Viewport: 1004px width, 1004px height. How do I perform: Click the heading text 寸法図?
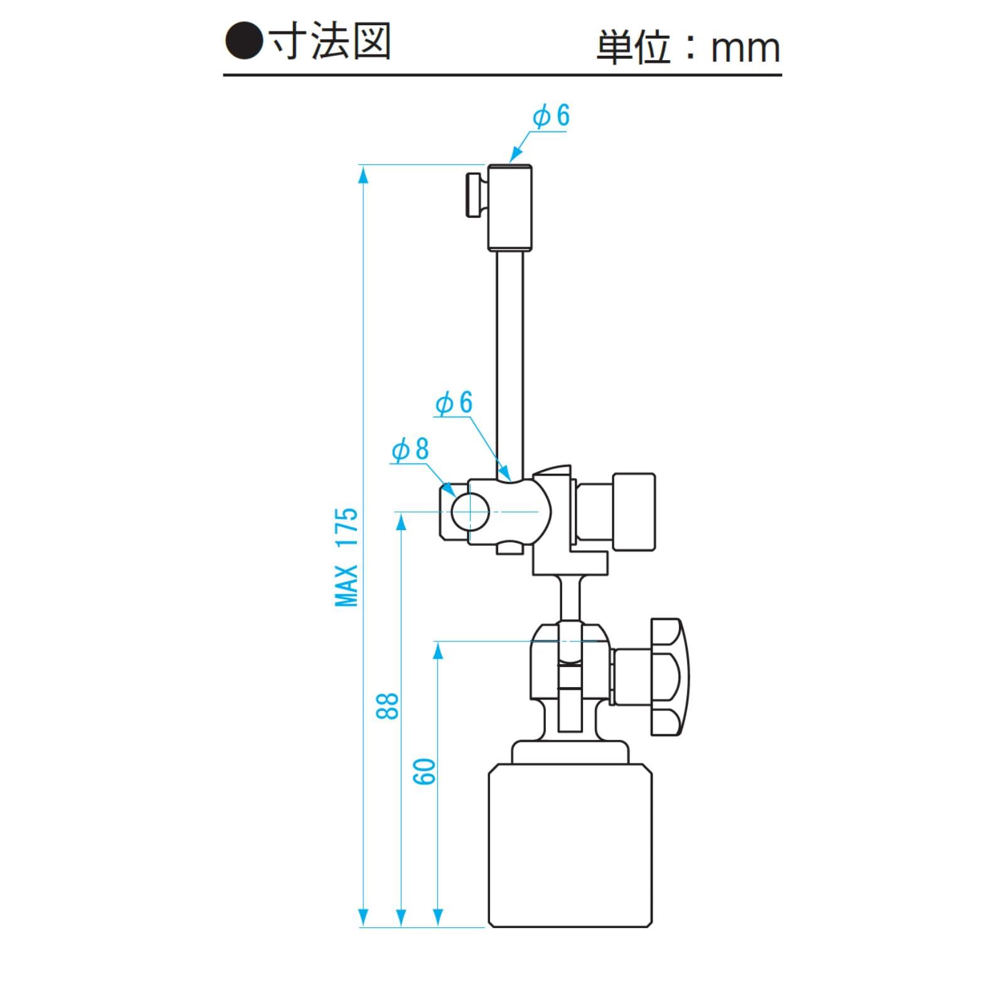click(x=331, y=41)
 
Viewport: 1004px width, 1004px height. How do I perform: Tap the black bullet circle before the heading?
click(x=243, y=41)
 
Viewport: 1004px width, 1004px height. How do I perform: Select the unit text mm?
click(x=745, y=49)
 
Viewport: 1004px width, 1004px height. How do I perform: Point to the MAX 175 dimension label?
click(x=346, y=557)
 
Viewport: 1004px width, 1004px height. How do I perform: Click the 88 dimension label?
click(x=388, y=706)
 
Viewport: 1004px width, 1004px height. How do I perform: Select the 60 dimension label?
click(x=425, y=771)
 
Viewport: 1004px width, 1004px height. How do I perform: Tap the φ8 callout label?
click(x=410, y=450)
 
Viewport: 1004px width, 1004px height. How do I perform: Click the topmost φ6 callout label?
click(x=552, y=116)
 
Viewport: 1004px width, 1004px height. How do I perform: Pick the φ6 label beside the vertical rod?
click(x=454, y=403)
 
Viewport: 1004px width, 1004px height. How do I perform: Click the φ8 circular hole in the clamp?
click(x=470, y=512)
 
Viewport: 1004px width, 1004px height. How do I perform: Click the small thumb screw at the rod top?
click(x=476, y=196)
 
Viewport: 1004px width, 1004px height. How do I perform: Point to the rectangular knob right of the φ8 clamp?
click(x=634, y=511)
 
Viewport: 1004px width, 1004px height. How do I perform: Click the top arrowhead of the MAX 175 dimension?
click(x=362, y=175)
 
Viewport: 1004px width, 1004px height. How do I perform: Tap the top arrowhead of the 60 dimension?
click(x=439, y=651)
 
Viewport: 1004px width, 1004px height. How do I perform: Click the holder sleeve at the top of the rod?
click(x=510, y=208)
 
